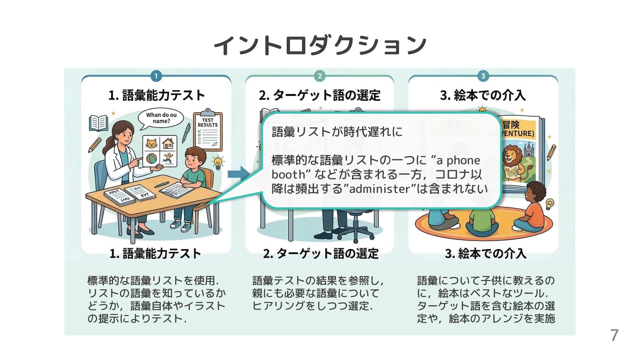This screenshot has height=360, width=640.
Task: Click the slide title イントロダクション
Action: pyautogui.click(x=320, y=45)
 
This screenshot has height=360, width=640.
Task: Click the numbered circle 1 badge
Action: pyautogui.click(x=156, y=76)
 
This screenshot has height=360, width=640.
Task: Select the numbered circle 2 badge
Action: pyautogui.click(x=319, y=76)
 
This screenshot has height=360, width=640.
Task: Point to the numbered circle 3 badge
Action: pyautogui.click(x=483, y=76)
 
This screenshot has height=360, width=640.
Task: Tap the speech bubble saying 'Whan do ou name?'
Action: pyautogui.click(x=161, y=118)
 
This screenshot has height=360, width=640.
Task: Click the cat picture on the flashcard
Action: pyautogui.click(x=152, y=144)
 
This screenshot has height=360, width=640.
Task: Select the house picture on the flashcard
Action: pyautogui.click(x=168, y=144)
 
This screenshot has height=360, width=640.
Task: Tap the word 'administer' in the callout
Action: pyautogui.click(x=379, y=189)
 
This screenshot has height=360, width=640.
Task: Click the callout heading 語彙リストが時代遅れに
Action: pyautogui.click(x=337, y=132)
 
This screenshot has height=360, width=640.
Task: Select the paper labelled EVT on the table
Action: pyautogui.click(x=141, y=192)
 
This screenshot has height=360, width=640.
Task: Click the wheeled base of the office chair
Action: pyautogui.click(x=354, y=232)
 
